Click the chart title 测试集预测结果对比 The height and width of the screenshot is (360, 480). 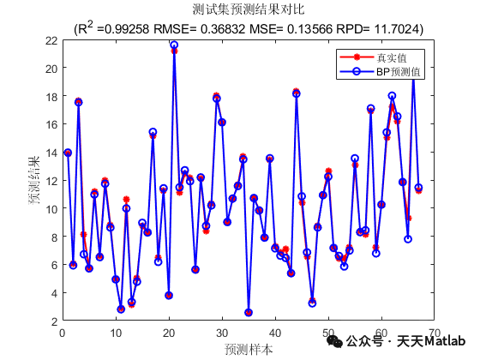coord(248,9)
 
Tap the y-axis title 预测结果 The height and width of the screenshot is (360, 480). coord(35,181)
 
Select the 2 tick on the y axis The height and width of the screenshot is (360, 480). coord(54,321)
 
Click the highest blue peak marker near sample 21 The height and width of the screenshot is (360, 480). coord(174,45)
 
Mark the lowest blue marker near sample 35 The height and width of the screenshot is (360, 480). coord(249,313)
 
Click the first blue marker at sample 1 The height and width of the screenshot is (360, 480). coord(68,153)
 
